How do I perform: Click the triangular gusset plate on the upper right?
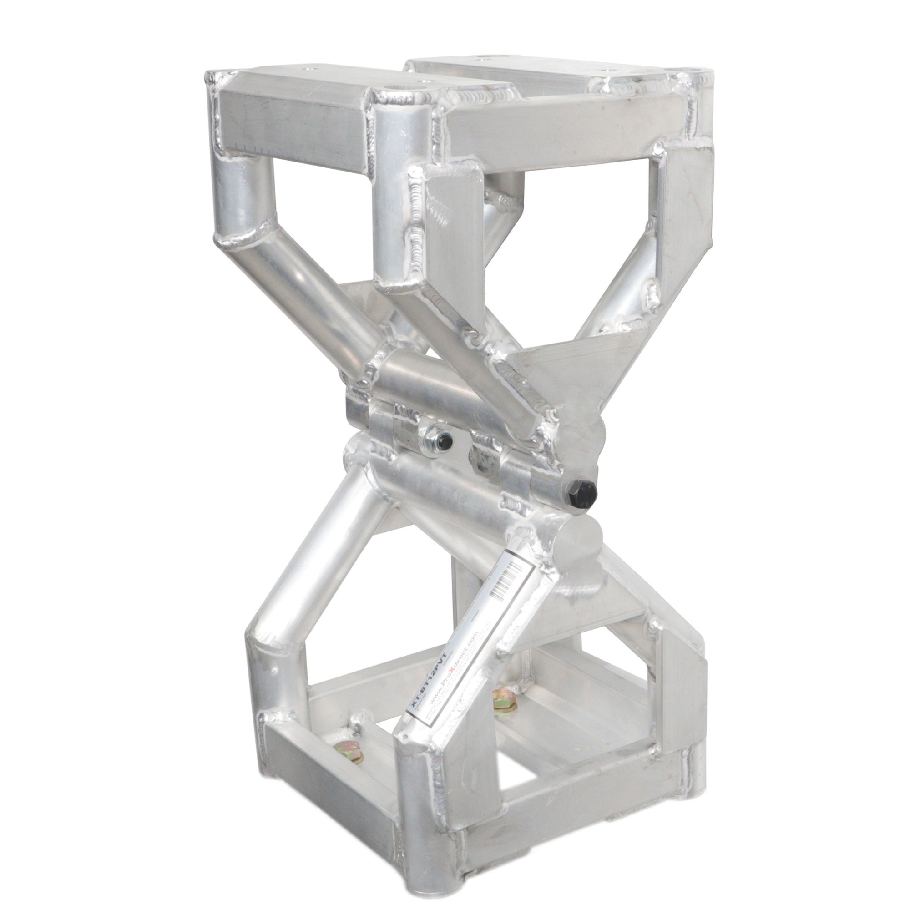pos(575,372)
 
